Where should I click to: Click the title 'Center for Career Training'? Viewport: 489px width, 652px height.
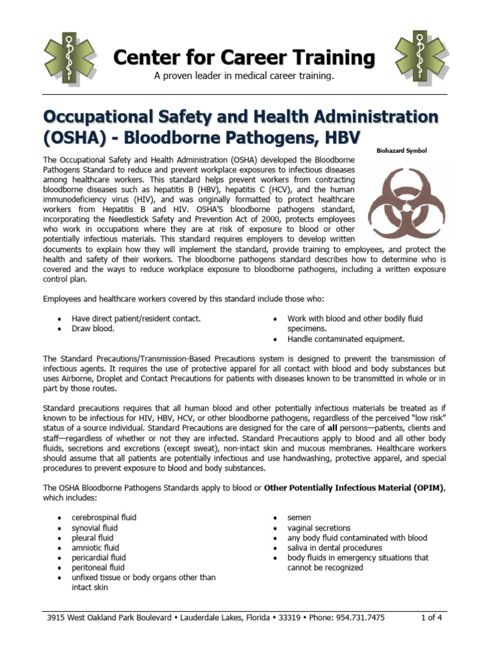point(244,58)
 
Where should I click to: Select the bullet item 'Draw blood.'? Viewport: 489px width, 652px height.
point(93,329)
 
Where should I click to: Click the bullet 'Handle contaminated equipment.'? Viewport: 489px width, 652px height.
point(346,339)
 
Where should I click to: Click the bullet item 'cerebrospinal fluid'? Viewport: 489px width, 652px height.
point(104,518)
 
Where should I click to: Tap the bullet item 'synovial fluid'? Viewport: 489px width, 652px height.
point(95,528)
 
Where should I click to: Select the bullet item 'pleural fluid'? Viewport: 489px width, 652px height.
point(93,537)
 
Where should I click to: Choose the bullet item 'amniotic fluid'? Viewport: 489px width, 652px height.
point(95,548)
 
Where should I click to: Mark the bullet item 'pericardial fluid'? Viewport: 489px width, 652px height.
point(99,558)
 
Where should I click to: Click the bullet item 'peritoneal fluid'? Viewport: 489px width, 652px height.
point(98,567)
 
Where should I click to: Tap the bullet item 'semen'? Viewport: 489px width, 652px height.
point(299,518)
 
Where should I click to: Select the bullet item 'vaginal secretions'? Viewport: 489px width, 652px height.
point(319,528)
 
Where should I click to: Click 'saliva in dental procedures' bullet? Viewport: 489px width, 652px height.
point(335,548)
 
